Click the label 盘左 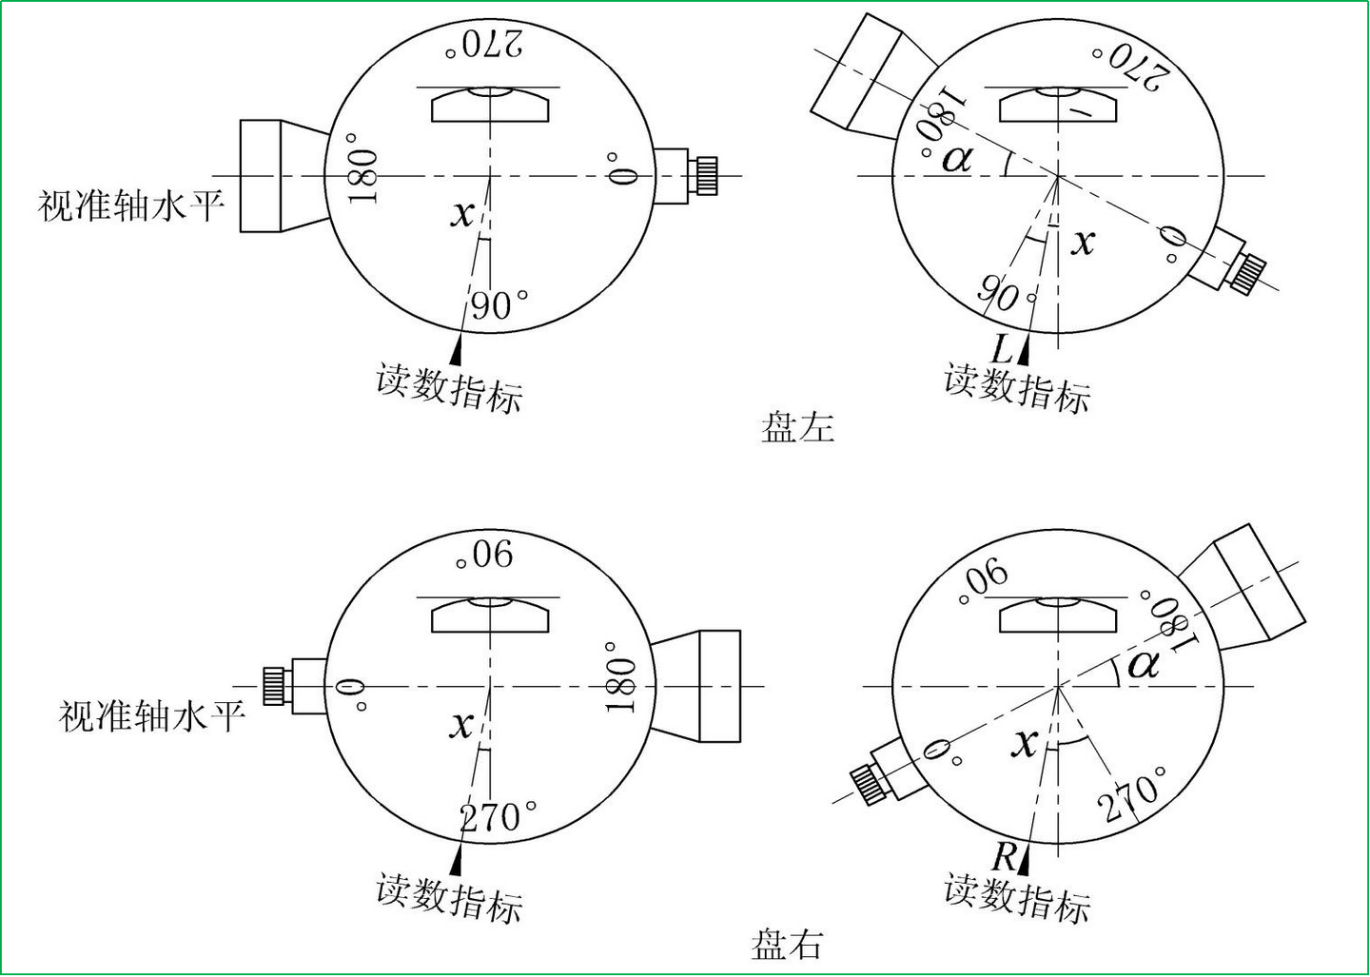pyautogui.click(x=797, y=427)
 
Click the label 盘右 pyautogui.click(x=787, y=944)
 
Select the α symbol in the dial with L pyautogui.click(x=957, y=159)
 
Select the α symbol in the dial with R pyautogui.click(x=1144, y=665)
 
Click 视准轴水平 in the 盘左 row pyautogui.click(x=131, y=206)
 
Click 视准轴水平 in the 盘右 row pyautogui.click(x=151, y=716)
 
